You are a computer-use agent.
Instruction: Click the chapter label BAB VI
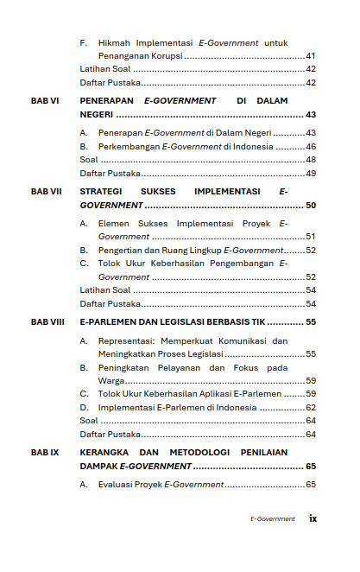[44, 100]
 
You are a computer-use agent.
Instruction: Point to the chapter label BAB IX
[44, 452]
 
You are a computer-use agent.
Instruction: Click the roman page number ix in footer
[313, 518]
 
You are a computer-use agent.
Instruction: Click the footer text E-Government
[273, 519]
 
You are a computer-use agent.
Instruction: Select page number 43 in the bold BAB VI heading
[311, 114]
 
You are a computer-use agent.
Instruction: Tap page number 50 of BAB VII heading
[311, 206]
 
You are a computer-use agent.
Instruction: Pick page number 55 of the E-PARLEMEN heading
[311, 322]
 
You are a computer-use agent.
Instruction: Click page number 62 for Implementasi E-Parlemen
[311, 407]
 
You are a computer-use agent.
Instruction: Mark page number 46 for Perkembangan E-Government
[311, 147]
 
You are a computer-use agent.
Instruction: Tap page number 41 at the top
[311, 55]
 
